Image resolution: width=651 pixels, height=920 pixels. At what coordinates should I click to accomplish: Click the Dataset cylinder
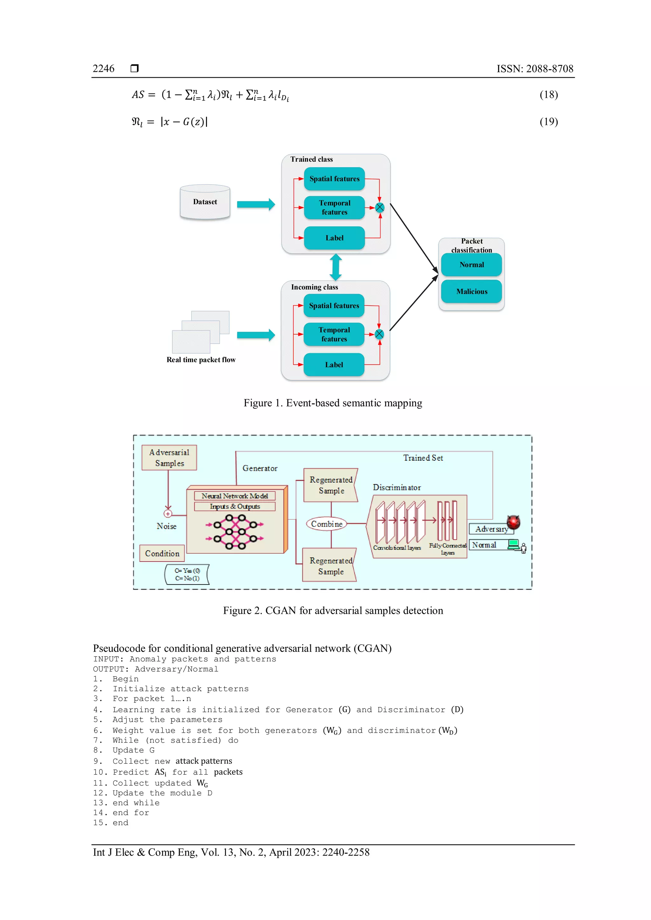205,202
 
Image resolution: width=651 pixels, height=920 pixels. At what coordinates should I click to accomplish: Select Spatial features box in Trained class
334,179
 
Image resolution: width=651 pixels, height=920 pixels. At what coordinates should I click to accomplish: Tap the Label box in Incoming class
334,365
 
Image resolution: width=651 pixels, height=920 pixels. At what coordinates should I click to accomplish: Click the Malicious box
471,291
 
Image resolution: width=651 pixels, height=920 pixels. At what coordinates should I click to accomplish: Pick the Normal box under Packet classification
471,264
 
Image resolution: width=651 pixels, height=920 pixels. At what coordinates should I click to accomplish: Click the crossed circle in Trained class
380,207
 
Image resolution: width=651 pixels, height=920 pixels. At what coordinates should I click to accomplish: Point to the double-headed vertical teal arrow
336,267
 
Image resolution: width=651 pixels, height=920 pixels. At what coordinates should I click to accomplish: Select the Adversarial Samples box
169,457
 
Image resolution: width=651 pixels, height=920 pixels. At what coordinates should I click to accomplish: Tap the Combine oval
327,524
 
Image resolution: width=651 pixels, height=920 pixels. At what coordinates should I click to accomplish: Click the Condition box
162,553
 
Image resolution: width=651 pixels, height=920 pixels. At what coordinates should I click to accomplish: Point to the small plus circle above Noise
168,514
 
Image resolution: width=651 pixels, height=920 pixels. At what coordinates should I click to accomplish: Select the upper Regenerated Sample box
330,485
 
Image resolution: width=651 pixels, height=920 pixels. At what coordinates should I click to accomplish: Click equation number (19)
548,121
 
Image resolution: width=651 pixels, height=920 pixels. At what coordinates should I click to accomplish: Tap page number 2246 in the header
103,69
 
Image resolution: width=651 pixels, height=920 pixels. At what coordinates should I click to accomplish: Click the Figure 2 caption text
333,610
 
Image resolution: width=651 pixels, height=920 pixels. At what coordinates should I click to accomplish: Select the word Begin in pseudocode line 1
126,679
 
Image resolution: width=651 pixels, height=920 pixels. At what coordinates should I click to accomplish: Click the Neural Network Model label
235,496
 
